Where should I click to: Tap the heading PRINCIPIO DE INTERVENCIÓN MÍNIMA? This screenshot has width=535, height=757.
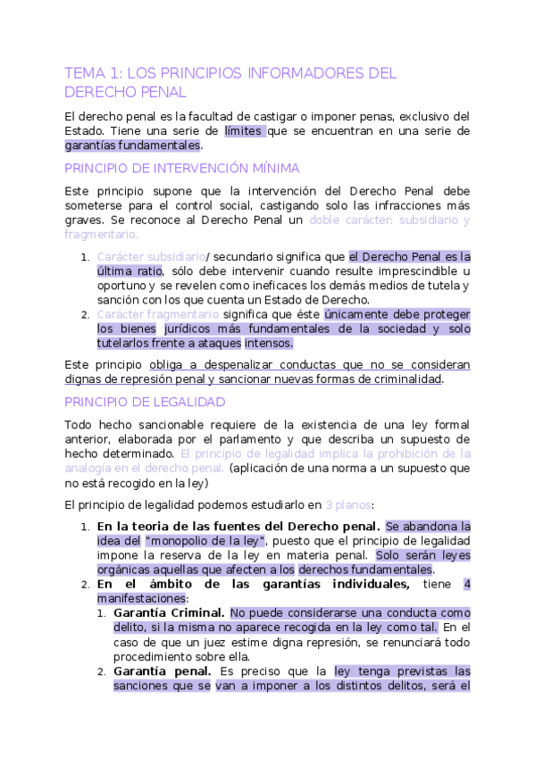click(182, 168)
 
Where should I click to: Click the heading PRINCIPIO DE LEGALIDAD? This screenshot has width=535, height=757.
click(145, 402)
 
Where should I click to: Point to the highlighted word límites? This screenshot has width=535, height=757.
click(244, 130)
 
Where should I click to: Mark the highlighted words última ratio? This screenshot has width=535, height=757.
click(130, 271)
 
